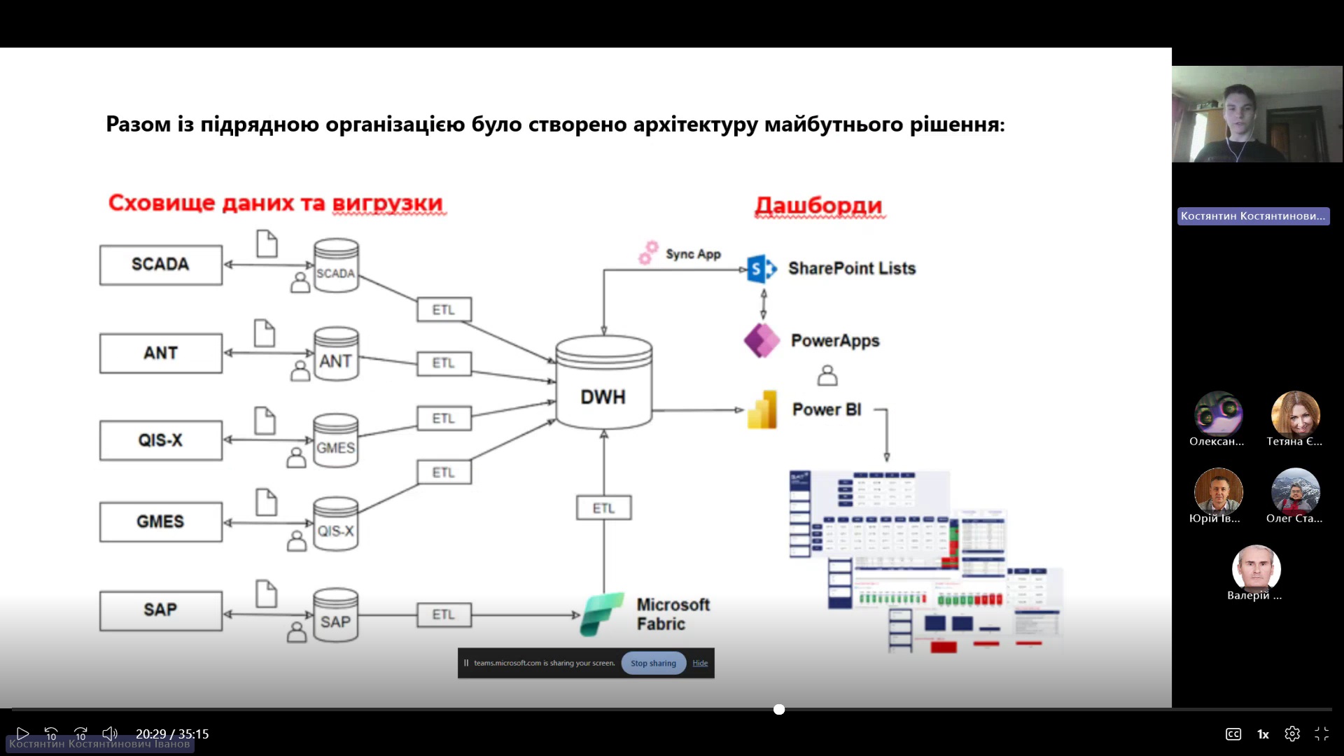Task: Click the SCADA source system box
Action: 160,265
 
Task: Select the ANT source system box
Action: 160,353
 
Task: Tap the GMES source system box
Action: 160,521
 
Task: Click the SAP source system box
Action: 160,610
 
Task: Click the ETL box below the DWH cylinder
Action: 603,508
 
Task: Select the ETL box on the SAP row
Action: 444,615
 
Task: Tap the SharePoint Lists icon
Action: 762,269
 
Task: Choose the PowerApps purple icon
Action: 762,341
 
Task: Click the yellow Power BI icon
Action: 762,409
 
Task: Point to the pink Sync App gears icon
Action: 648,253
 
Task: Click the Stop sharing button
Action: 653,663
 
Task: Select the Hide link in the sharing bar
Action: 700,663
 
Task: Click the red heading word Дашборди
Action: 818,205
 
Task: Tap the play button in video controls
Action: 22,734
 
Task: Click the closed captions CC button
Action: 1233,734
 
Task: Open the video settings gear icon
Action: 1292,734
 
